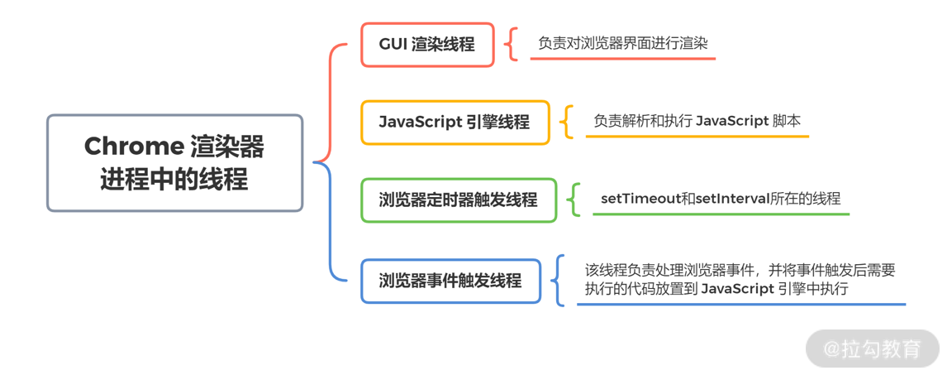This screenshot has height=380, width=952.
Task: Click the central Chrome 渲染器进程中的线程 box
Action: (x=174, y=162)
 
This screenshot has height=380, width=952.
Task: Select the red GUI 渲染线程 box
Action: (x=427, y=45)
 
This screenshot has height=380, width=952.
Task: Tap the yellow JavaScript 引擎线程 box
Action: (x=455, y=123)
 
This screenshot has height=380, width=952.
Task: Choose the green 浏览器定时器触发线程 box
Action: (x=459, y=200)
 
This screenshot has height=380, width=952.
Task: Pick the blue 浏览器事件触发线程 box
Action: (x=451, y=281)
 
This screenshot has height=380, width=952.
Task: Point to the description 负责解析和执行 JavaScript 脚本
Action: (x=697, y=121)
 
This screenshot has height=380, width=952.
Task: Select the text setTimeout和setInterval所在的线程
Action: (x=720, y=199)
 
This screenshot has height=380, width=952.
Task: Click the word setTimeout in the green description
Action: (x=635, y=199)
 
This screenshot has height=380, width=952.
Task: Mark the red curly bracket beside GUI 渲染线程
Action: (x=512, y=45)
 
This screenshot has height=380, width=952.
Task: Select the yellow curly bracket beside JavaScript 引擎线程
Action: (x=567, y=122)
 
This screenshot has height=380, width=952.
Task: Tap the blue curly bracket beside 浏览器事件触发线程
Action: (x=560, y=280)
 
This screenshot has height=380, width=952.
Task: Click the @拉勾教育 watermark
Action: (x=873, y=349)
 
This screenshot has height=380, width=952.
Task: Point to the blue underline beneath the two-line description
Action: (x=740, y=304)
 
